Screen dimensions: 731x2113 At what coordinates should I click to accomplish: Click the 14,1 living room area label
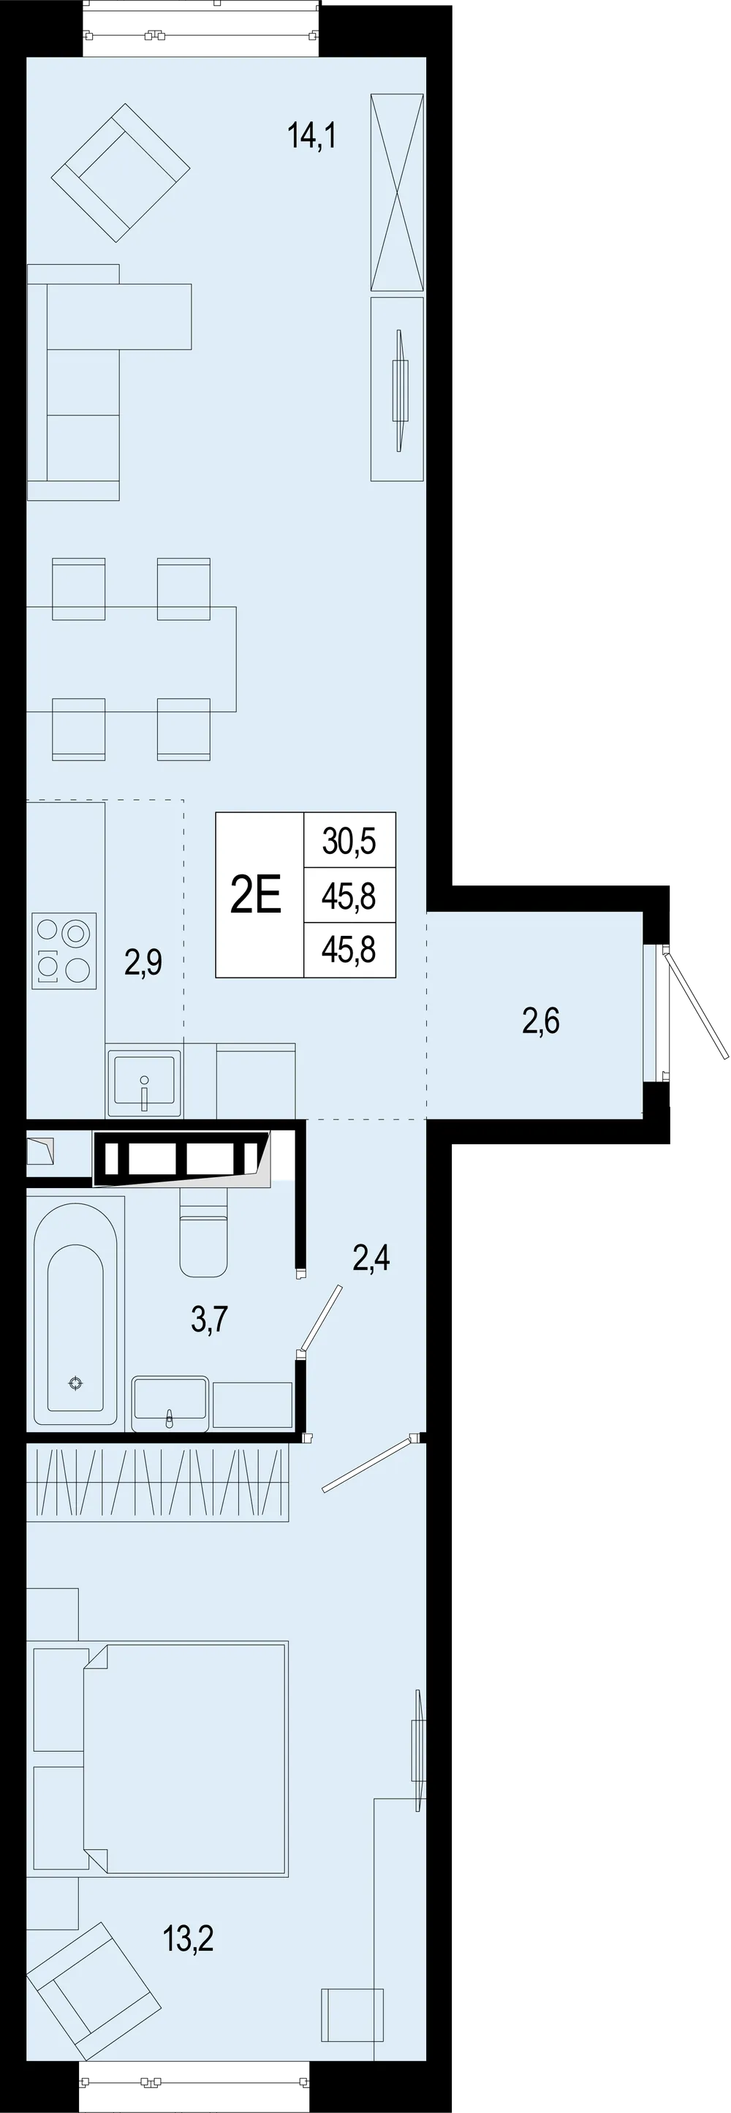(311, 135)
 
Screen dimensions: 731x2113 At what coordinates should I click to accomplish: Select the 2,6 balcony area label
(541, 1021)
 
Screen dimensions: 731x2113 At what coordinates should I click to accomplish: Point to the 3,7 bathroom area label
(209, 1320)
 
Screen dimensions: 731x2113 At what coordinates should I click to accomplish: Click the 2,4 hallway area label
(371, 1258)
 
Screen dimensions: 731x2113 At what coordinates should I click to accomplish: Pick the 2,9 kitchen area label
(143, 961)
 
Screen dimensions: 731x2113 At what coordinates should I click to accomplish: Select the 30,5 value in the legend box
(349, 841)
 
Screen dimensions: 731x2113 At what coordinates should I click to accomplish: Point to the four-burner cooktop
(64, 950)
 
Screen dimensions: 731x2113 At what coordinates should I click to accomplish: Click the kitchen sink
(143, 1082)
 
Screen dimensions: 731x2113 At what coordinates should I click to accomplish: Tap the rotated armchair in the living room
(121, 173)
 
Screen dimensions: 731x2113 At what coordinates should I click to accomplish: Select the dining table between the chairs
(132, 659)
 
